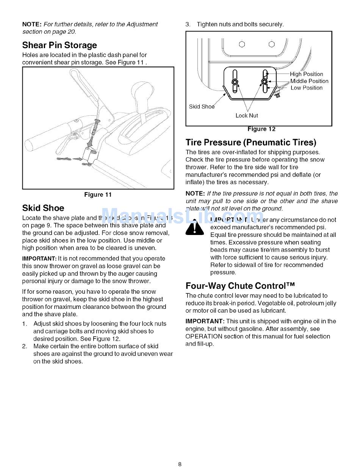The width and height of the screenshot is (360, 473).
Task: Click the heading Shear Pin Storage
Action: click(59, 45)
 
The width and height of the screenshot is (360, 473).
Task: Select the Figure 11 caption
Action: click(98, 194)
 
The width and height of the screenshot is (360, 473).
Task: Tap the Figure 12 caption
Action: click(261, 129)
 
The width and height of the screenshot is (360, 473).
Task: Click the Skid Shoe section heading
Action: click(43, 208)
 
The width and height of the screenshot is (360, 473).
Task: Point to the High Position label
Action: click(307, 74)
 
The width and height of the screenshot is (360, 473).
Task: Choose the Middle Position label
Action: click(309, 81)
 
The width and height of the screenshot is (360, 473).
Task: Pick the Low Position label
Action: click(307, 88)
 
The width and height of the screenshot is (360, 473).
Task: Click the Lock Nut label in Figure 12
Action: click(247, 116)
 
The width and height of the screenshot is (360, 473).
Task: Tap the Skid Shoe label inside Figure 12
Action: click(202, 107)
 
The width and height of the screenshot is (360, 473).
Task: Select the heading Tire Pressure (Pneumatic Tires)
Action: click(251, 143)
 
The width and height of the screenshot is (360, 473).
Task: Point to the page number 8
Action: click(180, 464)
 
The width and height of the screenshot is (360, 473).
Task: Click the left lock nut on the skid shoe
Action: click(235, 82)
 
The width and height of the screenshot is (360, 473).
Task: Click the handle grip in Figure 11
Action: click(45, 136)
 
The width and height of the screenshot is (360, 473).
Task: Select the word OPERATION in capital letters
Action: click(203, 336)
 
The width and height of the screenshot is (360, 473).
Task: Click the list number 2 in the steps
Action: click(24, 346)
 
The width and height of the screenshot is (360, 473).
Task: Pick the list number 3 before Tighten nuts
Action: click(188, 24)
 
